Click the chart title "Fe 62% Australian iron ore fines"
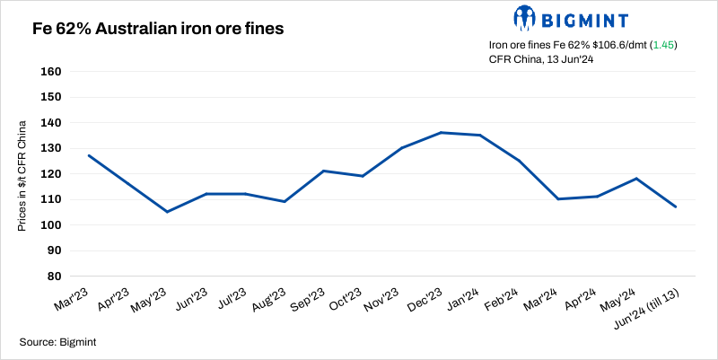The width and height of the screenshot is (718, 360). coord(158,29)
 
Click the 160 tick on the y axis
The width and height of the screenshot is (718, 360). coord(51,72)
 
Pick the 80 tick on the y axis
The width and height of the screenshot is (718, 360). coord(55,277)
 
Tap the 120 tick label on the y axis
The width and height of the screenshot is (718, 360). coord(51,174)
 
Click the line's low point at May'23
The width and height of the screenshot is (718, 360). coord(167,212)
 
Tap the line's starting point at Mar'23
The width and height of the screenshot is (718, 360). coord(88,155)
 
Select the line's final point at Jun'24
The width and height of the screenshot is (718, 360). coord(676,207)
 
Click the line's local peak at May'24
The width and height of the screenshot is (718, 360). coord(636,179)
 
